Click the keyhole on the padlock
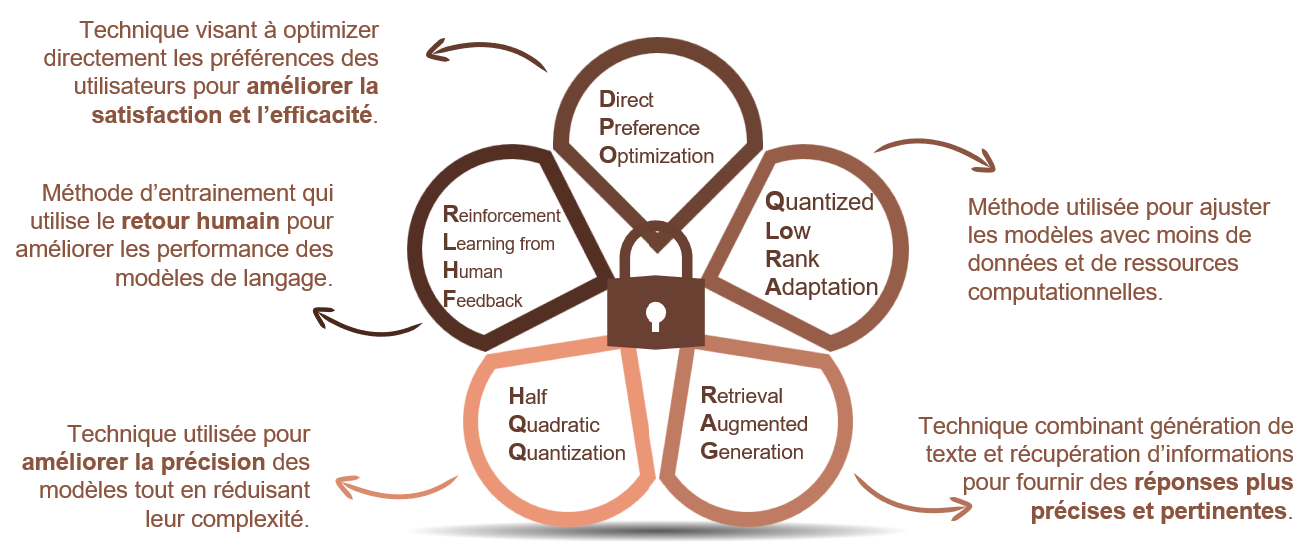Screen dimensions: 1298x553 pos(655,316)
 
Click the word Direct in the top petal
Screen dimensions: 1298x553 pos(626,100)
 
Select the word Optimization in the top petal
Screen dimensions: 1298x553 pos(656,156)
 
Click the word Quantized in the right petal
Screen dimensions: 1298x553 pos(819,202)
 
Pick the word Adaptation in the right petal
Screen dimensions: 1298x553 pos(821,287)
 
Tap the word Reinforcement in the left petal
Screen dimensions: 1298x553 pos(502,215)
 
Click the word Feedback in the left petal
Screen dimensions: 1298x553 pos(482,300)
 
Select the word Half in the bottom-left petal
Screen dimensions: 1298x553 pos(528,396)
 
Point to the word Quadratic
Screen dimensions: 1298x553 pos(554,425)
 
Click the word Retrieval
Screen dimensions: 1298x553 pos(741,395)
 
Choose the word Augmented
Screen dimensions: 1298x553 pos(754,424)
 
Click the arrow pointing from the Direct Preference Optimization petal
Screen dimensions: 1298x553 pos(486,52)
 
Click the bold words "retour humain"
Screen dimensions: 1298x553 pos(201,221)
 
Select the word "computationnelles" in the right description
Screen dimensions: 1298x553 pos(1065,292)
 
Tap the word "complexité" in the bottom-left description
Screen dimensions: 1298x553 pos(227,519)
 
